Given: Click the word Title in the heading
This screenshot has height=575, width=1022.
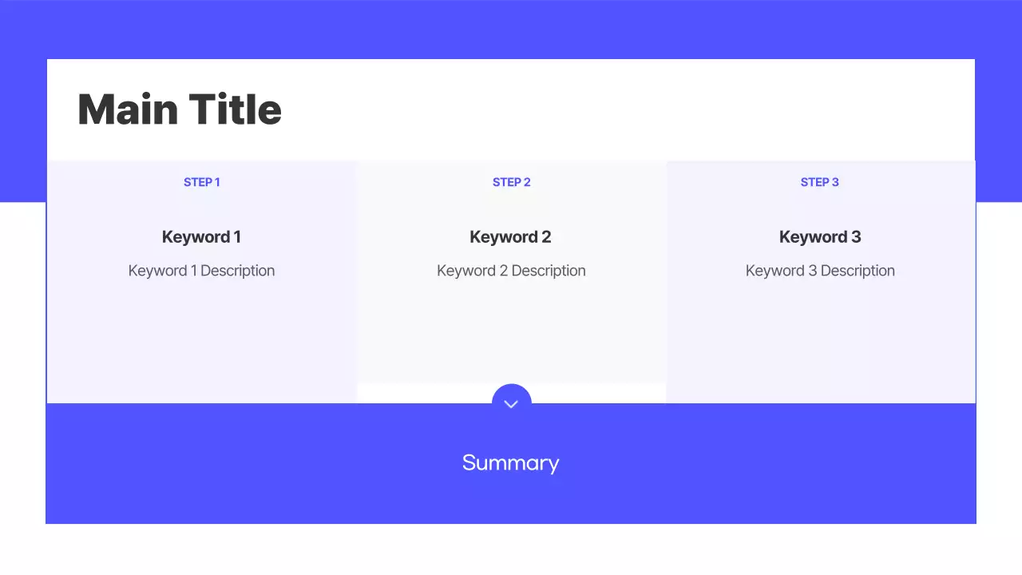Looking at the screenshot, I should (x=236, y=109).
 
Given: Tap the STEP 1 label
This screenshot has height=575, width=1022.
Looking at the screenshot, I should (x=201, y=182).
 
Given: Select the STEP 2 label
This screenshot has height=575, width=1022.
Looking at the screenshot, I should (x=511, y=182).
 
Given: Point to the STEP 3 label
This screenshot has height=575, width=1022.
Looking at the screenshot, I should (x=819, y=182).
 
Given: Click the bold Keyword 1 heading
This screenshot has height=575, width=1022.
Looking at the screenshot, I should (x=201, y=237).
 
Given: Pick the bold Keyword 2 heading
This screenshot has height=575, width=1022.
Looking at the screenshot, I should (x=510, y=237).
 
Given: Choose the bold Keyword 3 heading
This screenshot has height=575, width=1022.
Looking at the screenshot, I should (x=819, y=237).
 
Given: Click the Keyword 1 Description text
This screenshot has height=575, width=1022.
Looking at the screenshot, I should (x=201, y=271).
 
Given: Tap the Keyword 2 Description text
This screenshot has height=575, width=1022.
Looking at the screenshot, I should (x=511, y=271).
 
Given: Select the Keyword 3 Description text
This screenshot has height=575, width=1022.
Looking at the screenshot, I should (x=820, y=271).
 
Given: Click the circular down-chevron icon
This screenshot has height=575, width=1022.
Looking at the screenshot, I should (x=512, y=403).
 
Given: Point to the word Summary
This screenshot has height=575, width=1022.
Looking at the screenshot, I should (x=510, y=463).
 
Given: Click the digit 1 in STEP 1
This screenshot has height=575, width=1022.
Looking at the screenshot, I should (x=216, y=182).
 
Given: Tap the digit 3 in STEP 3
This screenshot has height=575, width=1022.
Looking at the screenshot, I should (x=835, y=182).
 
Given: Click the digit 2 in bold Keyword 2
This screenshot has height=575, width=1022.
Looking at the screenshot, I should (x=546, y=237).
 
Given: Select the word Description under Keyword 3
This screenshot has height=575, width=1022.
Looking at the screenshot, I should (x=858, y=271).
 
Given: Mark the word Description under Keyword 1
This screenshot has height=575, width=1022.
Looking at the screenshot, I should (x=237, y=271).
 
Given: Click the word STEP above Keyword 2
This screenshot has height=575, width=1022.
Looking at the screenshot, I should (x=506, y=182).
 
